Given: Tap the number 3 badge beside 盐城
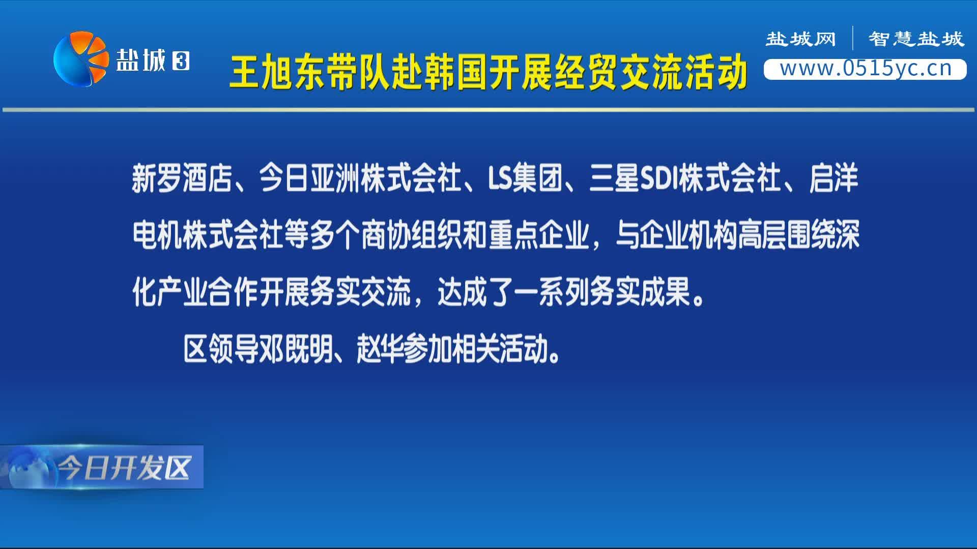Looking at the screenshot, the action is point(181,62).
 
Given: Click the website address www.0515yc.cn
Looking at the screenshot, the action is point(866,69).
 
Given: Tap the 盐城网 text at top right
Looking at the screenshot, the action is point(801,39).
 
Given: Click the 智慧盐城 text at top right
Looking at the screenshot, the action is point(916,39).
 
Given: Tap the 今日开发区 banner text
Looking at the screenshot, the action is point(125,468).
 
